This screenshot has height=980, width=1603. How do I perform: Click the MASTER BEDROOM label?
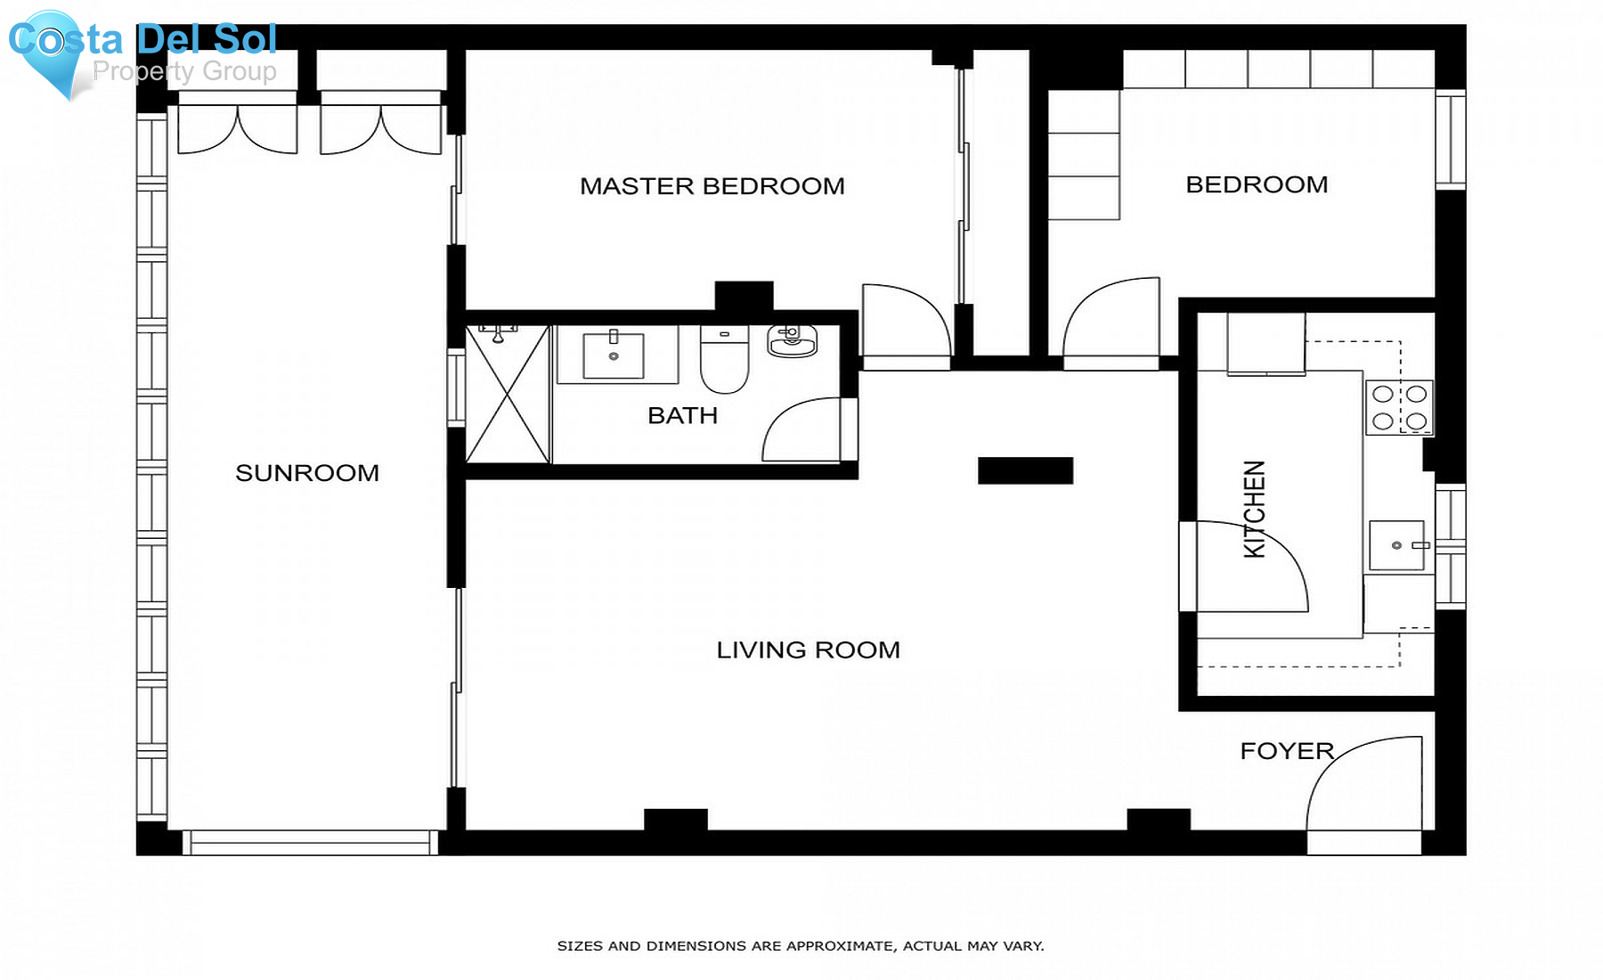click(712, 186)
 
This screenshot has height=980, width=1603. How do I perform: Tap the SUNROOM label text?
click(307, 473)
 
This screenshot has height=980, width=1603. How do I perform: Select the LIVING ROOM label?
click(808, 650)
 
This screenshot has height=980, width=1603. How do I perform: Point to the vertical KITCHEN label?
click(1254, 510)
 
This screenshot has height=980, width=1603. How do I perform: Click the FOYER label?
click(1286, 751)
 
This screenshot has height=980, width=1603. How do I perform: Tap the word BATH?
click(682, 416)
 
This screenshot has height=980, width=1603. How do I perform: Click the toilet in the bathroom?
click(724, 361)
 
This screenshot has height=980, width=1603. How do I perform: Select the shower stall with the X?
click(508, 395)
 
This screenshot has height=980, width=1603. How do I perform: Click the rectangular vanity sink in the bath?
click(614, 355)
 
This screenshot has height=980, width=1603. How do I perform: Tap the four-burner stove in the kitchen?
click(1399, 407)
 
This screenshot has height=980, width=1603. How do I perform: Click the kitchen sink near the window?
click(1397, 545)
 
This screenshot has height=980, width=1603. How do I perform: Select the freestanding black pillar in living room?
click(1025, 470)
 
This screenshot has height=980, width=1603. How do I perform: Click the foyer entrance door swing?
click(1363, 784)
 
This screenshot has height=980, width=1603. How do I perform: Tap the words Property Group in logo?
click(184, 71)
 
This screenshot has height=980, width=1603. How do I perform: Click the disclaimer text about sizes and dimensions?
click(800, 946)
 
